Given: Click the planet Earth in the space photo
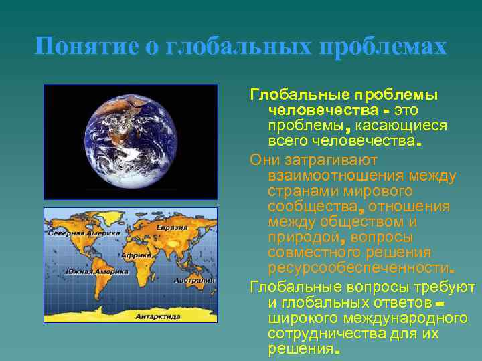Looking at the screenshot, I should [131, 141].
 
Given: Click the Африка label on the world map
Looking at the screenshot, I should [136, 255].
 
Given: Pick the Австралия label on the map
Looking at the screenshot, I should [193, 281].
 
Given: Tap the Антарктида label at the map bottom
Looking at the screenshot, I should [158, 315].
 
